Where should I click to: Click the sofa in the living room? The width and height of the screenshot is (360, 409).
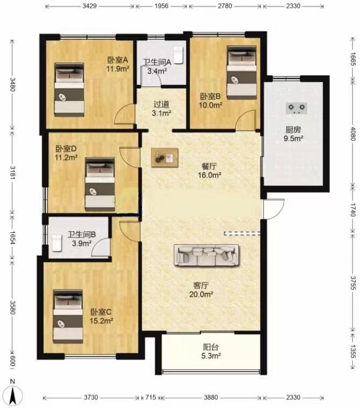pyautogui.click(x=207, y=255)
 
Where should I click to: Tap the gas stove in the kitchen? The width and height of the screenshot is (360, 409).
pyautogui.click(x=296, y=108)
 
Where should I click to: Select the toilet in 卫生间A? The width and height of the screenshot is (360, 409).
pyautogui.click(x=178, y=55)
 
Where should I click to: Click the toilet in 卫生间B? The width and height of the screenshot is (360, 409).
pyautogui.click(x=57, y=243)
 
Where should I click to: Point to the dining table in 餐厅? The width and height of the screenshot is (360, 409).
pyautogui.click(x=165, y=158)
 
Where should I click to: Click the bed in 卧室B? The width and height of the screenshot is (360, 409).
pyautogui.click(x=241, y=73)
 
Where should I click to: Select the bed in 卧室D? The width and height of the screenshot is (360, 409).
pyautogui.click(x=100, y=184)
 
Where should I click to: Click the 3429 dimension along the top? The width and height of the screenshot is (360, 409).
pyautogui.click(x=89, y=6)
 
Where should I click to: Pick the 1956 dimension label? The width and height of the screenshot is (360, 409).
pyautogui.click(x=161, y=6)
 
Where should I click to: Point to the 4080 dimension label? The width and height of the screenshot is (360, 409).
pyautogui.click(x=352, y=133)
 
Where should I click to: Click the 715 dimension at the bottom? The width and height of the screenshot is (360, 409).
pyautogui.click(x=151, y=397)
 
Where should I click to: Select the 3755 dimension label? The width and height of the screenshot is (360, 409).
pyautogui.click(x=352, y=283)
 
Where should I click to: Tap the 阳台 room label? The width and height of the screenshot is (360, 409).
pyautogui.click(x=211, y=347)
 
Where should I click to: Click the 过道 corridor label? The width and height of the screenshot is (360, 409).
pyautogui.click(x=161, y=104)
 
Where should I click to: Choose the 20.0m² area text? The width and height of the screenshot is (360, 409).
pyautogui.click(x=201, y=294)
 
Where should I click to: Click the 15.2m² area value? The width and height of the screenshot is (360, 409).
pyautogui.click(x=101, y=321)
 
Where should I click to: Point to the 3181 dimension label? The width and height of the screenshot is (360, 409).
pyautogui.click(x=12, y=172)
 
